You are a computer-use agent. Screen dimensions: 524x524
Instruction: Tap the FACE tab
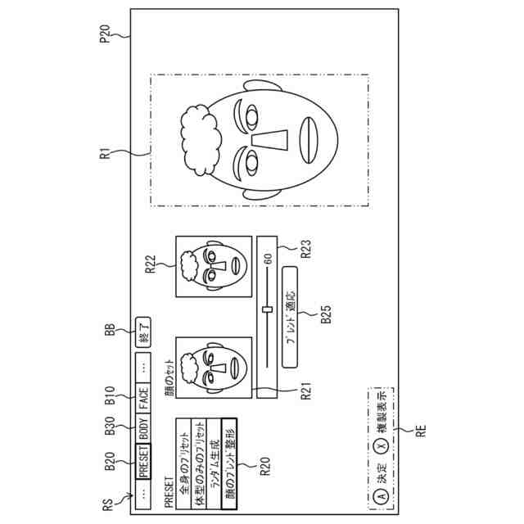(143, 400)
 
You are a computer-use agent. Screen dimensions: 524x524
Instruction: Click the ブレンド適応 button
(291, 318)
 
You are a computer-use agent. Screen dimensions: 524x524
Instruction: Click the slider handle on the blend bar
(267, 309)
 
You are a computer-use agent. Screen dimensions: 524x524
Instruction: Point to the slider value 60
(268, 260)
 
